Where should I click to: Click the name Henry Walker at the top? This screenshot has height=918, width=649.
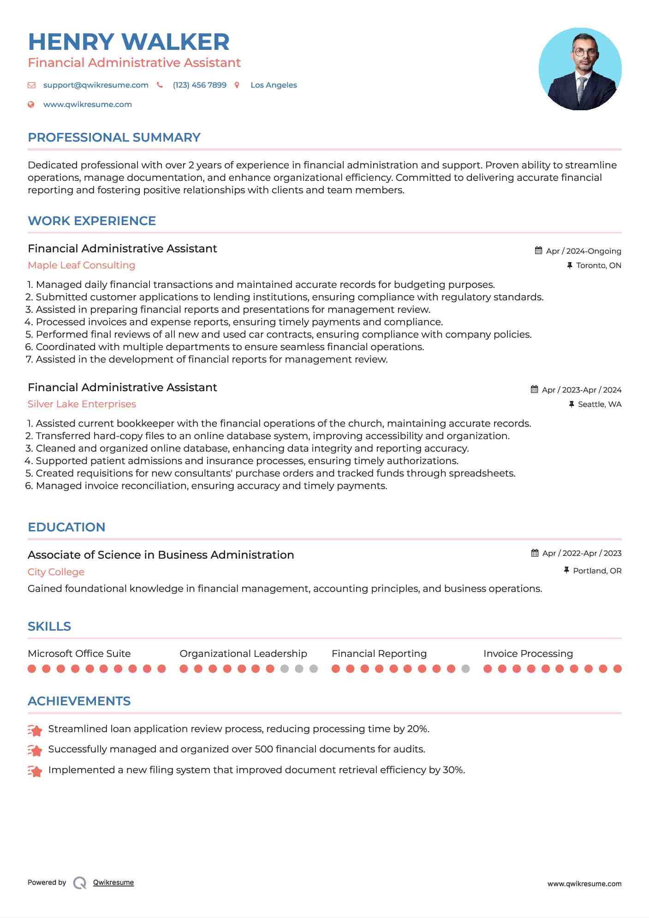coord(129,42)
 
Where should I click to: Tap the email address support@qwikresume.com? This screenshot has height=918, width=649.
coord(95,85)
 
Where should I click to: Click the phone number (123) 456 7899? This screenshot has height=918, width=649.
coord(199,85)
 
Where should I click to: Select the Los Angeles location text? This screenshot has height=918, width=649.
coord(274,85)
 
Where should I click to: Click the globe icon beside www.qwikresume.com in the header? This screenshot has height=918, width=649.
coord(31,105)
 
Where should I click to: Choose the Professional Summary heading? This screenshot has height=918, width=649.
coord(114,137)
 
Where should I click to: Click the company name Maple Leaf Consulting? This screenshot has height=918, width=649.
coord(81,265)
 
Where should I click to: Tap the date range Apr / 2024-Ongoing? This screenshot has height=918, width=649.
coord(583,251)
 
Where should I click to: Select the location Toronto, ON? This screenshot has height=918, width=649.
coord(598,266)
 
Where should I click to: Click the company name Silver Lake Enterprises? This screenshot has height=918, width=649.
coord(82,404)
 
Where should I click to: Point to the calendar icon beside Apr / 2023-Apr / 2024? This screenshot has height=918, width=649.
coord(534,389)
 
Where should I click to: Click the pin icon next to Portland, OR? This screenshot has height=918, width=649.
coord(566,571)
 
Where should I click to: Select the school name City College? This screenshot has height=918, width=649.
coord(56,572)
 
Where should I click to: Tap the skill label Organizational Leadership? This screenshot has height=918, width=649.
coord(243,654)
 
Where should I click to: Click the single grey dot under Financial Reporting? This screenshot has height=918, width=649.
coord(465,669)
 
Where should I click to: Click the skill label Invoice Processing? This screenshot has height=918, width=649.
coord(528,654)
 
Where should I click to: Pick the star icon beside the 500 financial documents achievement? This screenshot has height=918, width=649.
coord(35,751)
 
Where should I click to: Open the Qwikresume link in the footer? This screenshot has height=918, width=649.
coord(113,882)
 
